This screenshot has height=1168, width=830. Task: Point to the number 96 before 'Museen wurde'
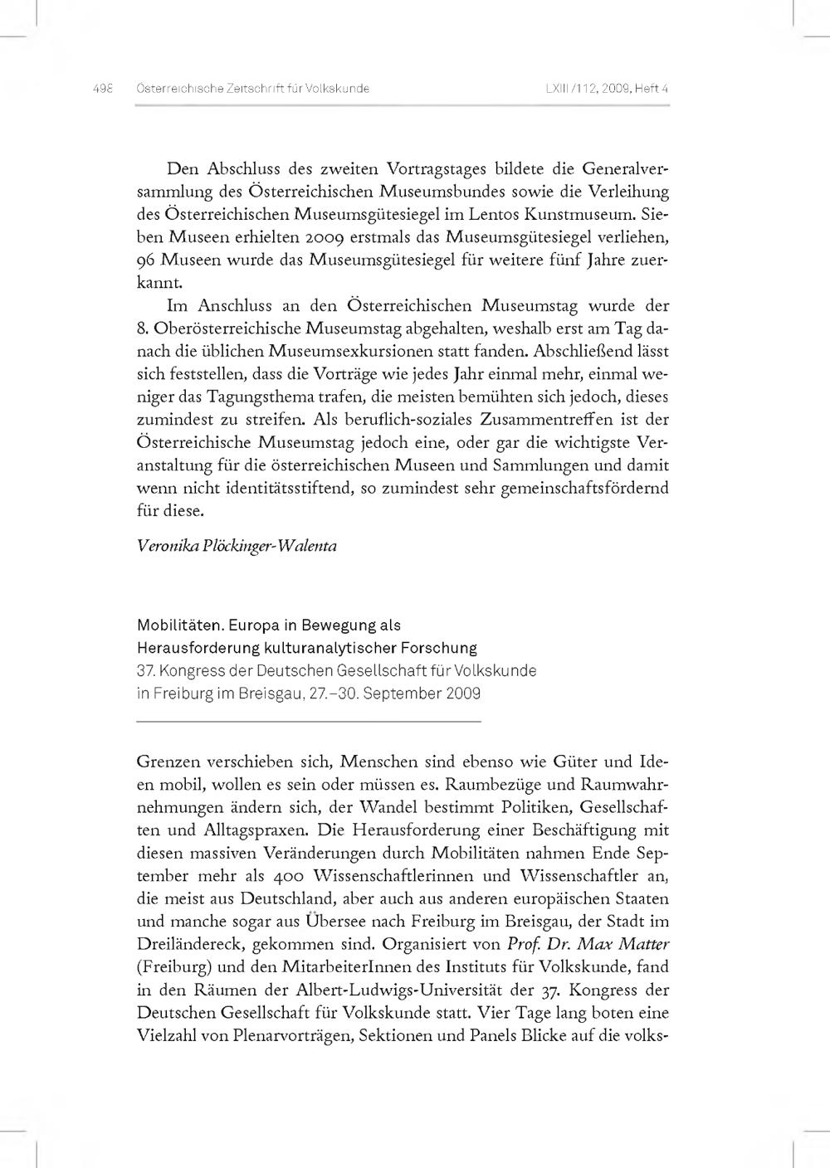(147, 260)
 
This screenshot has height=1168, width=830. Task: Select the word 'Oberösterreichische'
(227, 328)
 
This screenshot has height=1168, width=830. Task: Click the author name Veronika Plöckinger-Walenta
(237, 547)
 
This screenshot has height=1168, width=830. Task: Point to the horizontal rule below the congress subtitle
(309, 723)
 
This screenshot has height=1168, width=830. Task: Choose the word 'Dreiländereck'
(187, 944)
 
